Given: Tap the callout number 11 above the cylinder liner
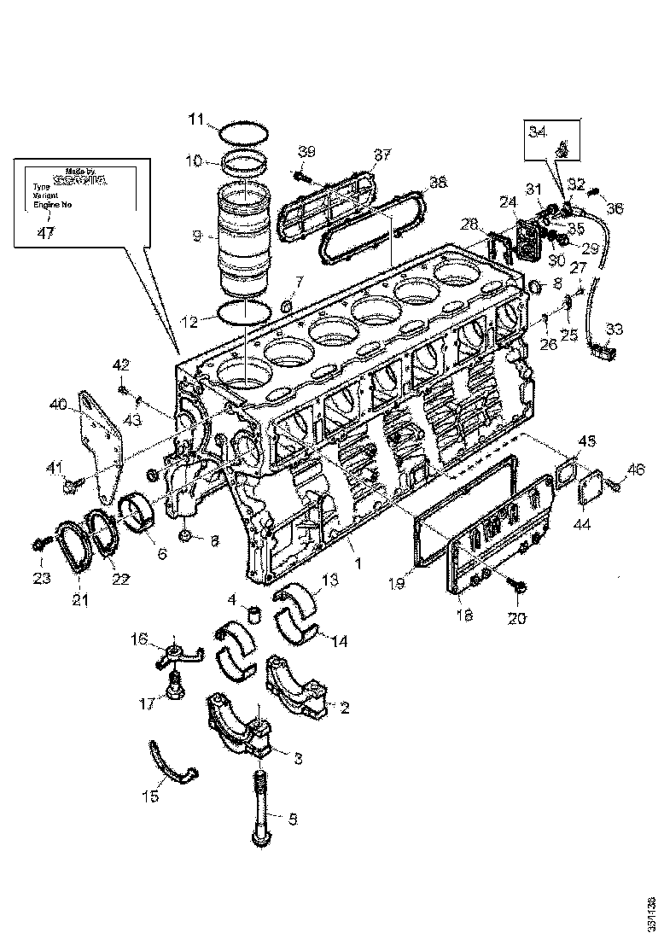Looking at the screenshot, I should pyautogui.click(x=196, y=120).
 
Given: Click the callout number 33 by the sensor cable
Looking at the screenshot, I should pyautogui.click(x=614, y=329).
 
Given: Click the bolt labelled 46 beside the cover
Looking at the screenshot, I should pyautogui.click(x=614, y=486).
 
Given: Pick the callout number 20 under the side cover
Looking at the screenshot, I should pyautogui.click(x=518, y=615).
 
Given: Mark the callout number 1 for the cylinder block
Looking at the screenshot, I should pyautogui.click(x=358, y=563).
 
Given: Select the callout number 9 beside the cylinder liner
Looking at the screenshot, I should pyautogui.click(x=196, y=235).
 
